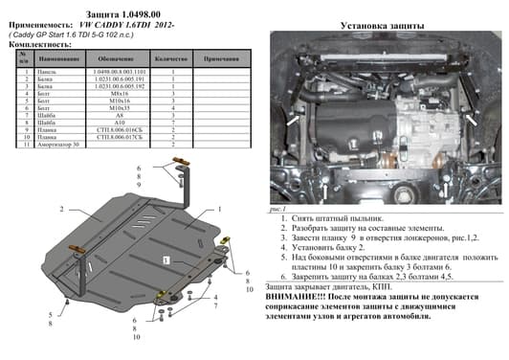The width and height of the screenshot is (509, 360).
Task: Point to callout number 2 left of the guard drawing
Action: tap(62, 208)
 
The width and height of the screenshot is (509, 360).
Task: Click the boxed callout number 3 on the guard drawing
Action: tap(164, 259)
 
